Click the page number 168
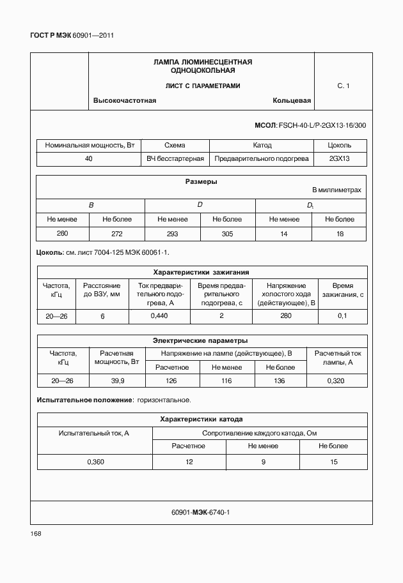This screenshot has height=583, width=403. click(x=35, y=534)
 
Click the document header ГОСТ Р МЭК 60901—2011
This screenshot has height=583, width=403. click(x=72, y=36)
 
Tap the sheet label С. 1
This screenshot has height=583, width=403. click(x=343, y=86)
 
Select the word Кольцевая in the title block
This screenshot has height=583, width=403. click(x=291, y=101)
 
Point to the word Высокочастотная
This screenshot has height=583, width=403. click(x=125, y=101)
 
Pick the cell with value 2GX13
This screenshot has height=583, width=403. click(x=340, y=158)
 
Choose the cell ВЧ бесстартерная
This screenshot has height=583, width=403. click(x=175, y=158)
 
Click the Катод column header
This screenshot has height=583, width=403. click(x=262, y=145)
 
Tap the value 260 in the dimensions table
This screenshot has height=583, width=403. click(x=62, y=234)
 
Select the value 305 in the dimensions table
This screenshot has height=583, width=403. click(x=227, y=234)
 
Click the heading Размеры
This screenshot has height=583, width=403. click(x=201, y=181)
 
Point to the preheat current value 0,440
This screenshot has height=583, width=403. click(x=159, y=316)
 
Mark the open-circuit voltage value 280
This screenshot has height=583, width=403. click(x=285, y=316)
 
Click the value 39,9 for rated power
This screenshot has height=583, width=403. click(x=118, y=381)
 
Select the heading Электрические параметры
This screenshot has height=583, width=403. click(x=200, y=340)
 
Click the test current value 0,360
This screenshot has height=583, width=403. click(x=95, y=462)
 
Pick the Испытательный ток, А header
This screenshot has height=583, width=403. click(x=94, y=433)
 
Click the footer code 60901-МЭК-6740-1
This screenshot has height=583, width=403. click(x=200, y=512)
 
